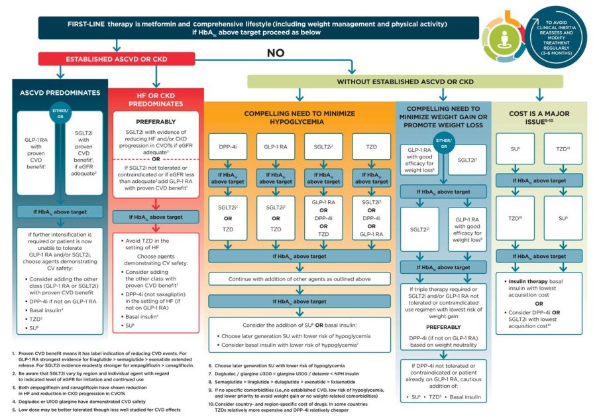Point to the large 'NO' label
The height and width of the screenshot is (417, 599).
click(277, 53)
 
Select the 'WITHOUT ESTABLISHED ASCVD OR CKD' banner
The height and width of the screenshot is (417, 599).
click(405, 82)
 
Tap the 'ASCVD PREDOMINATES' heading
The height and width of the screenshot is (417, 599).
click(60, 93)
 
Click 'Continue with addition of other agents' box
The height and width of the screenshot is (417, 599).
click(299, 279)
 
